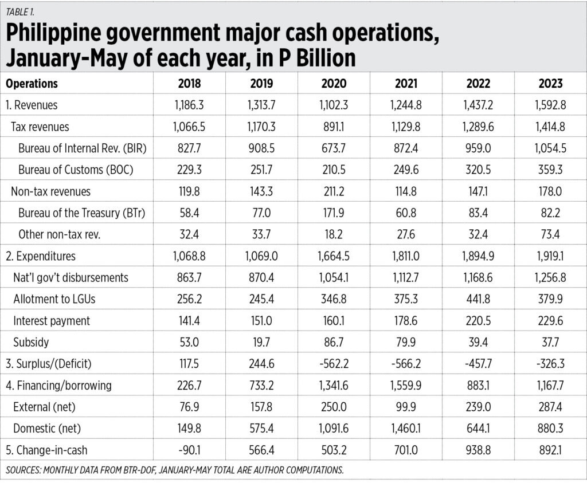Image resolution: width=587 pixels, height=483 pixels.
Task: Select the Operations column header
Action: pyautogui.click(x=32, y=84)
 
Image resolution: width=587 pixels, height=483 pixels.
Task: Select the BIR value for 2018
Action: pyautogui.click(x=190, y=148)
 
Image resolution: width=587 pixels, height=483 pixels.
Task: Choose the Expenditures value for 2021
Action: pyautogui.click(x=406, y=256)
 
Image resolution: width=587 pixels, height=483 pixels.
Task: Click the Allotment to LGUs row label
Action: pyautogui.click(x=49, y=299)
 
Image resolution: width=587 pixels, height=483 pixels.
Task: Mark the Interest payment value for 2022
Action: pyautogui.click(x=479, y=321)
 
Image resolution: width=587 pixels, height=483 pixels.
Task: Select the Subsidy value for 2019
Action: pyautogui.click(x=262, y=343)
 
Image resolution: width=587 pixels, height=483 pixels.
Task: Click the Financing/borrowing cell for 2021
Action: pyautogui.click(x=406, y=386)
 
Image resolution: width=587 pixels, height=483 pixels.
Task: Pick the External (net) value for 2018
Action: pyautogui.click(x=190, y=407)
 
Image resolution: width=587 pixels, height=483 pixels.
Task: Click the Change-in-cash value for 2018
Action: pyautogui.click(x=190, y=450)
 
